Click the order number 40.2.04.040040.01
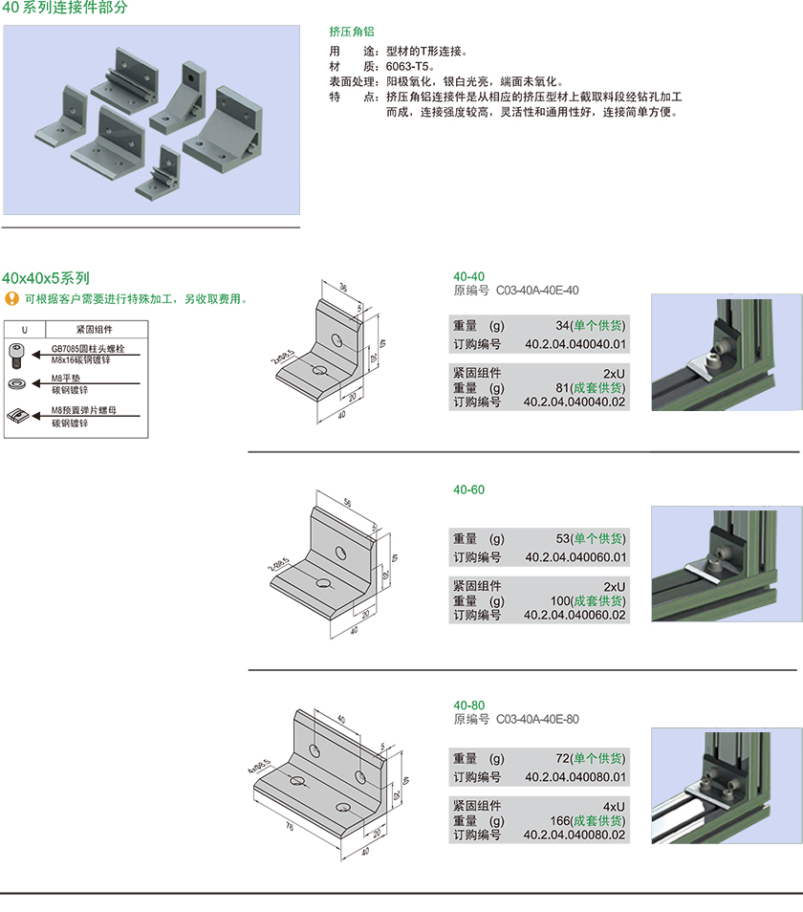click(x=575, y=345)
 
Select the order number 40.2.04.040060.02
click(x=575, y=615)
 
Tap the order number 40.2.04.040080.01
click(x=575, y=776)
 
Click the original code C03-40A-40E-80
click(x=537, y=719)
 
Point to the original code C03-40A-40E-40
click(x=537, y=291)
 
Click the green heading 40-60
click(x=468, y=489)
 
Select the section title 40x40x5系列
click(x=46, y=278)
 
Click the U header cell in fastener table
click(x=24, y=329)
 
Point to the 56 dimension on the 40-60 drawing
click(x=348, y=503)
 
